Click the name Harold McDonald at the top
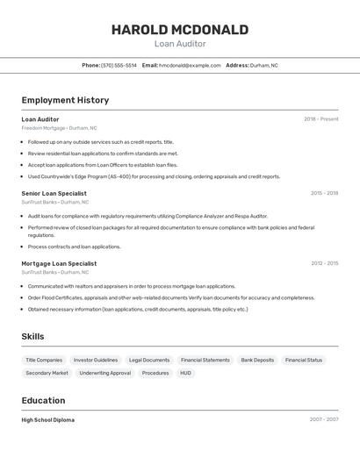point(179,30)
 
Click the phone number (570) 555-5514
point(119,65)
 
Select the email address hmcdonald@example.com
point(190,65)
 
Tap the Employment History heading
point(65,100)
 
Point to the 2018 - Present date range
point(320,119)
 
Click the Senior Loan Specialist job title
point(54,193)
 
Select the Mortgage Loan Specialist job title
point(59,263)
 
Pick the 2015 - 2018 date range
point(324,193)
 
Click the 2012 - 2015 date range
point(324,263)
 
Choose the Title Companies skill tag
point(44,360)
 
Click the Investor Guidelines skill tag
point(96,360)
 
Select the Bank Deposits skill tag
point(257,360)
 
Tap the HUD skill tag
point(185,373)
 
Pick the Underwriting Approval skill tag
point(104,373)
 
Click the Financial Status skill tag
point(304,360)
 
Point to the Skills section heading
point(32,337)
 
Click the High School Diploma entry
point(47,420)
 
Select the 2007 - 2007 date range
point(323,420)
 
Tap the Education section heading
point(44,401)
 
